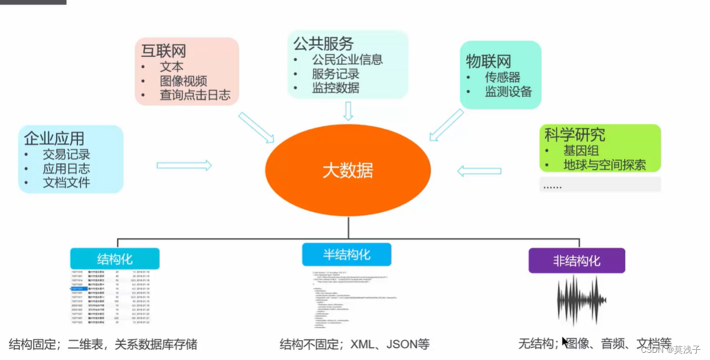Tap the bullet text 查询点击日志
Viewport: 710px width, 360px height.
(x=195, y=95)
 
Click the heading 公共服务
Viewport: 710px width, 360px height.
(x=323, y=43)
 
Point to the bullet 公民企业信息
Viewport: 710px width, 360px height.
(x=347, y=59)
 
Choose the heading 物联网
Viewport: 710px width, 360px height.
(x=488, y=61)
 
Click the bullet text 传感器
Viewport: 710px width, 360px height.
(x=502, y=78)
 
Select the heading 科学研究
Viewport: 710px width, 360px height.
(x=574, y=135)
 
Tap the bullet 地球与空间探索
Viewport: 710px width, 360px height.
(x=604, y=165)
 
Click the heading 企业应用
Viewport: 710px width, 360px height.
(x=53, y=139)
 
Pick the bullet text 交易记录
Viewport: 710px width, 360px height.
(x=66, y=154)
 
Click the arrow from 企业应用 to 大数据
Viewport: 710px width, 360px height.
(x=184, y=165)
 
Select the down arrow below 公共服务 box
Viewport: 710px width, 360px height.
(x=348, y=111)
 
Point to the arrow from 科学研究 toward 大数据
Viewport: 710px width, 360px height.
(x=479, y=171)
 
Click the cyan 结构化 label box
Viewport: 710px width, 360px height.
(x=115, y=259)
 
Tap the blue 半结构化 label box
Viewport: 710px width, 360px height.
(x=347, y=254)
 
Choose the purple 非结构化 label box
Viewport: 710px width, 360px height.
(x=576, y=261)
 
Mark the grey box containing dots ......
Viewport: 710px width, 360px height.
(x=599, y=185)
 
